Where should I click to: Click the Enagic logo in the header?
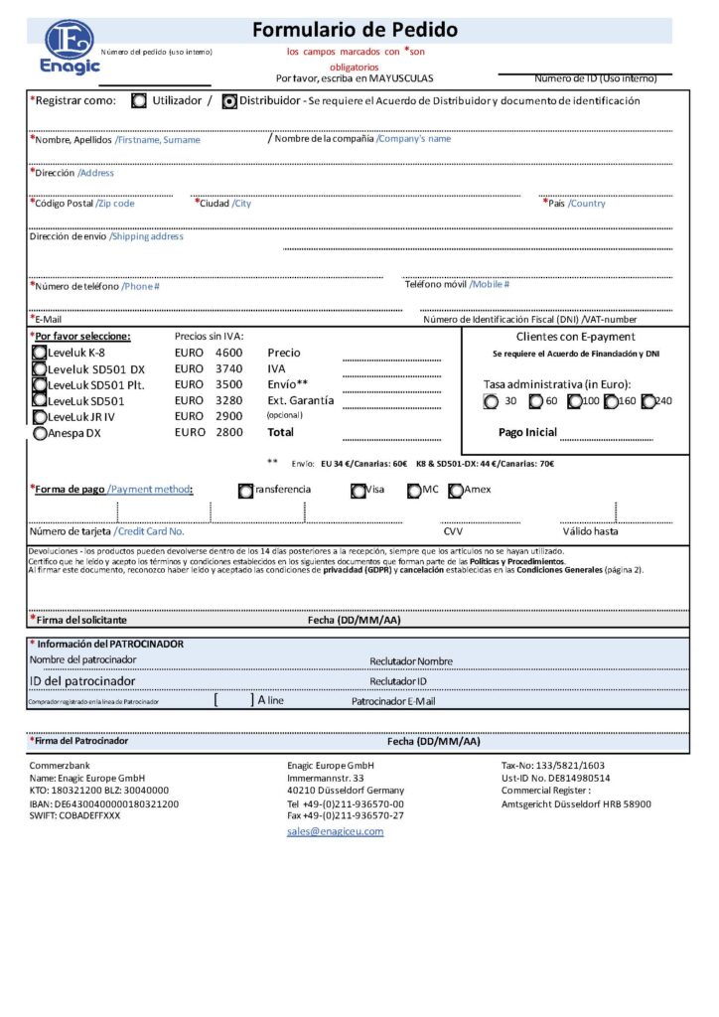pos(71,47)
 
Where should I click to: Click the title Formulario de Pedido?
pos(355,30)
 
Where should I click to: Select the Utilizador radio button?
pos(139,100)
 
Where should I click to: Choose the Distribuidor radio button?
pos(229,100)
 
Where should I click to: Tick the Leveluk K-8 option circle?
pos(39,353)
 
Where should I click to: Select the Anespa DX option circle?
pos(39,433)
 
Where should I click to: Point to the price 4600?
pos(228,353)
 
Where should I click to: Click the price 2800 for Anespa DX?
pos(228,433)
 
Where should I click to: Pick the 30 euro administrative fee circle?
pos(491,401)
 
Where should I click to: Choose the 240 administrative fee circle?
pos(648,401)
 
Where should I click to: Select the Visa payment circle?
pos(359,490)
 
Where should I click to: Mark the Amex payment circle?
pos(456,490)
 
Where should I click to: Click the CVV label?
pos(453,531)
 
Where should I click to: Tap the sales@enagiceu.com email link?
pos(335,831)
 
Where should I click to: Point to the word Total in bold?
pos(281,433)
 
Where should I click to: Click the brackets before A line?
pos(233,700)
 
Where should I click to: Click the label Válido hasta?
pos(590,531)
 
